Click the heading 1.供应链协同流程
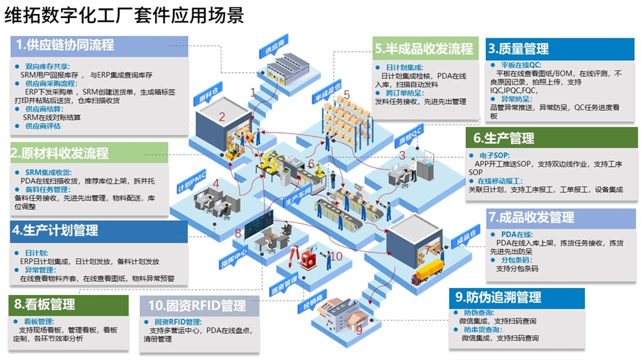coord(66,45)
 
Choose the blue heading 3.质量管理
coord(518,48)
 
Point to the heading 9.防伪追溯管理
coord(498,297)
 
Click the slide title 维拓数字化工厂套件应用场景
coord(124,15)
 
